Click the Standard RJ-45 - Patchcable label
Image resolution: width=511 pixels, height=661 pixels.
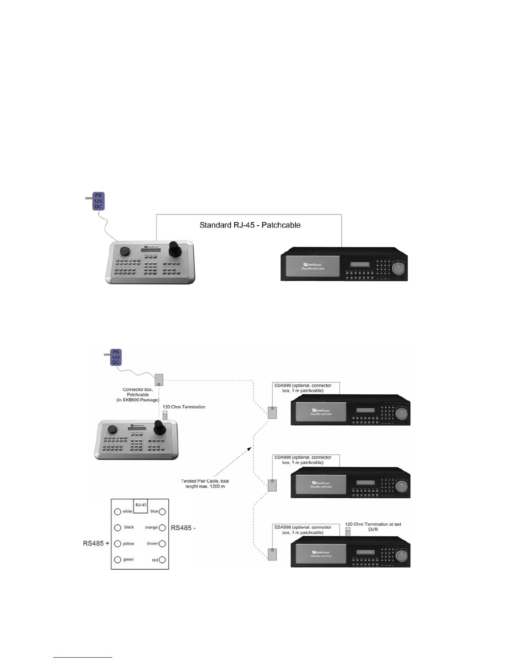click(x=250, y=225)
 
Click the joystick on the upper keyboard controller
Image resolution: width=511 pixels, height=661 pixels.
click(x=174, y=249)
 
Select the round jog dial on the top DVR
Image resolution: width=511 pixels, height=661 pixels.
click(x=399, y=268)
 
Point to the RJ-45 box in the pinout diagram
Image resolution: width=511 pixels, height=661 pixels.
click(x=140, y=505)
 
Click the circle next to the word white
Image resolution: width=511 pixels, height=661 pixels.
click(x=118, y=512)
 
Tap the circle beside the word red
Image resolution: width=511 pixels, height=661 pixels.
click(x=162, y=560)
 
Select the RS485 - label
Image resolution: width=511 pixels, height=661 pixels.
click(x=183, y=528)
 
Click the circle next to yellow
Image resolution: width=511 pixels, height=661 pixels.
click(x=118, y=544)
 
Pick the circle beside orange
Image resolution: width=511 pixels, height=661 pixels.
click(x=162, y=528)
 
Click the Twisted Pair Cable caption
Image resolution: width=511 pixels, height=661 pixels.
click(x=205, y=484)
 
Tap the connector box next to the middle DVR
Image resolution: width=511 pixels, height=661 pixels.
click(x=272, y=485)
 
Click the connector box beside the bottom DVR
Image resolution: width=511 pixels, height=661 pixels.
click(x=272, y=554)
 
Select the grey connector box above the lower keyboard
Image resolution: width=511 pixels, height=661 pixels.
click(x=159, y=380)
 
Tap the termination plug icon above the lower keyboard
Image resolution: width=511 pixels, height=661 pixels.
click(x=165, y=415)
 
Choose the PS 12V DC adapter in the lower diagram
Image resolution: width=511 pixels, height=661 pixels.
click(x=116, y=358)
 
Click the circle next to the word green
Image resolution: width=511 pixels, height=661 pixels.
click(x=118, y=560)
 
